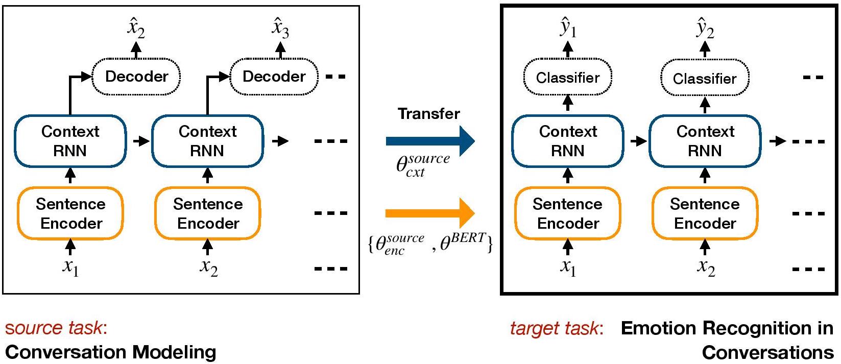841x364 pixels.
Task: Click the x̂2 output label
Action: point(136,29)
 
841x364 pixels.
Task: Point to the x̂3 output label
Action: point(280,28)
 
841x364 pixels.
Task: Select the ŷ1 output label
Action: point(568,29)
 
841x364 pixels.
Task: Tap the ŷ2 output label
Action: point(705,29)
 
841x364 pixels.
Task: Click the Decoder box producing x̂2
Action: point(136,77)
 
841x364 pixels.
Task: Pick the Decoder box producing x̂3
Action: point(274,77)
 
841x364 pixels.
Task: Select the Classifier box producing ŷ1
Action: point(568,78)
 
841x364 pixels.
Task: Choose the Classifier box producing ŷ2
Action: point(705,79)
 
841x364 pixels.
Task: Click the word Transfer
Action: point(429,113)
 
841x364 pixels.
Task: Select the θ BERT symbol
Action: point(463,241)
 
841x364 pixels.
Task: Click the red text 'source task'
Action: point(54,328)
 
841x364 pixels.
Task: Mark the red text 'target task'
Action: point(555,328)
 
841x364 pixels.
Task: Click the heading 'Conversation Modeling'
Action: point(111,352)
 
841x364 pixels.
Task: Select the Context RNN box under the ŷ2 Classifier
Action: point(705,141)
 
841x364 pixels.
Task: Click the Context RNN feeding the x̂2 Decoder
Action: point(70,141)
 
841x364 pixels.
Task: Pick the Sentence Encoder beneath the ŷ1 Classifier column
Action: point(568,213)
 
